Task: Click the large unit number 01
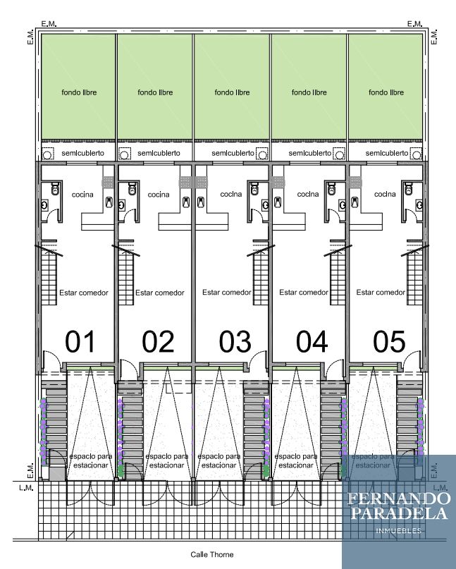(80, 341)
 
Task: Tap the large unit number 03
(235, 341)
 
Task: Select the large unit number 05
(389, 341)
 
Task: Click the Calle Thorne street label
(212, 554)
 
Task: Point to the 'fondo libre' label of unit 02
(155, 92)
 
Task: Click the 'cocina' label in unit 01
(82, 195)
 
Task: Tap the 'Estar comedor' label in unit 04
(304, 292)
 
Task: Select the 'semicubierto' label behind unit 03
(233, 153)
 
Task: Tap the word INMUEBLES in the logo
(399, 531)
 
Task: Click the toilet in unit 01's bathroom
(55, 189)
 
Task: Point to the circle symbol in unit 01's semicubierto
(47, 155)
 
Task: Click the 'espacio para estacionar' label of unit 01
(91, 460)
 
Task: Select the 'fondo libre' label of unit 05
(386, 92)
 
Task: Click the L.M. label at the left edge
(26, 488)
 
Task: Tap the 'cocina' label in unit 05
(385, 194)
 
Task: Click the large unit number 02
(158, 341)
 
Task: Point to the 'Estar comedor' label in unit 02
(160, 293)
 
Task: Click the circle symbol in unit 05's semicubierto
(417, 155)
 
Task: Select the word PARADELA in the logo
(399, 513)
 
